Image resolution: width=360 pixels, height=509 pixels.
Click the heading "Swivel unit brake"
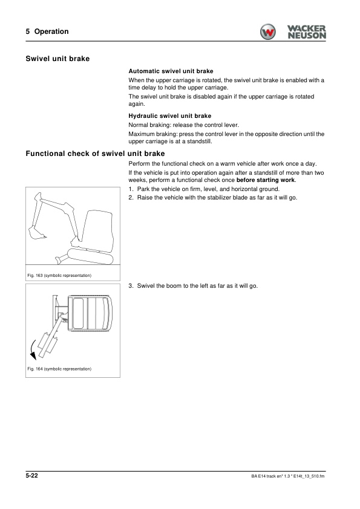[58, 59]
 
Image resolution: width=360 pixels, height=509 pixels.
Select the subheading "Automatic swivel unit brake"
[171, 71]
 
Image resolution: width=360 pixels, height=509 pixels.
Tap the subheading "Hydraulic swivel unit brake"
[170, 115]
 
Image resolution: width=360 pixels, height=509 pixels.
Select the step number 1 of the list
[131, 189]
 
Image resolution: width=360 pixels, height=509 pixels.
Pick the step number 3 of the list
[131, 286]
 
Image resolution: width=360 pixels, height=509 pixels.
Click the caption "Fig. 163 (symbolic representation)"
[59, 276]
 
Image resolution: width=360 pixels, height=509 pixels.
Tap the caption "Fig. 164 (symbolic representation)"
[59, 369]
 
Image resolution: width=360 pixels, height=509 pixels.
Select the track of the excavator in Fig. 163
[91, 256]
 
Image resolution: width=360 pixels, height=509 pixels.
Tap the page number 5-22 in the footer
[33, 478]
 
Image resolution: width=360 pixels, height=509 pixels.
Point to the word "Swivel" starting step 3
[146, 286]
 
